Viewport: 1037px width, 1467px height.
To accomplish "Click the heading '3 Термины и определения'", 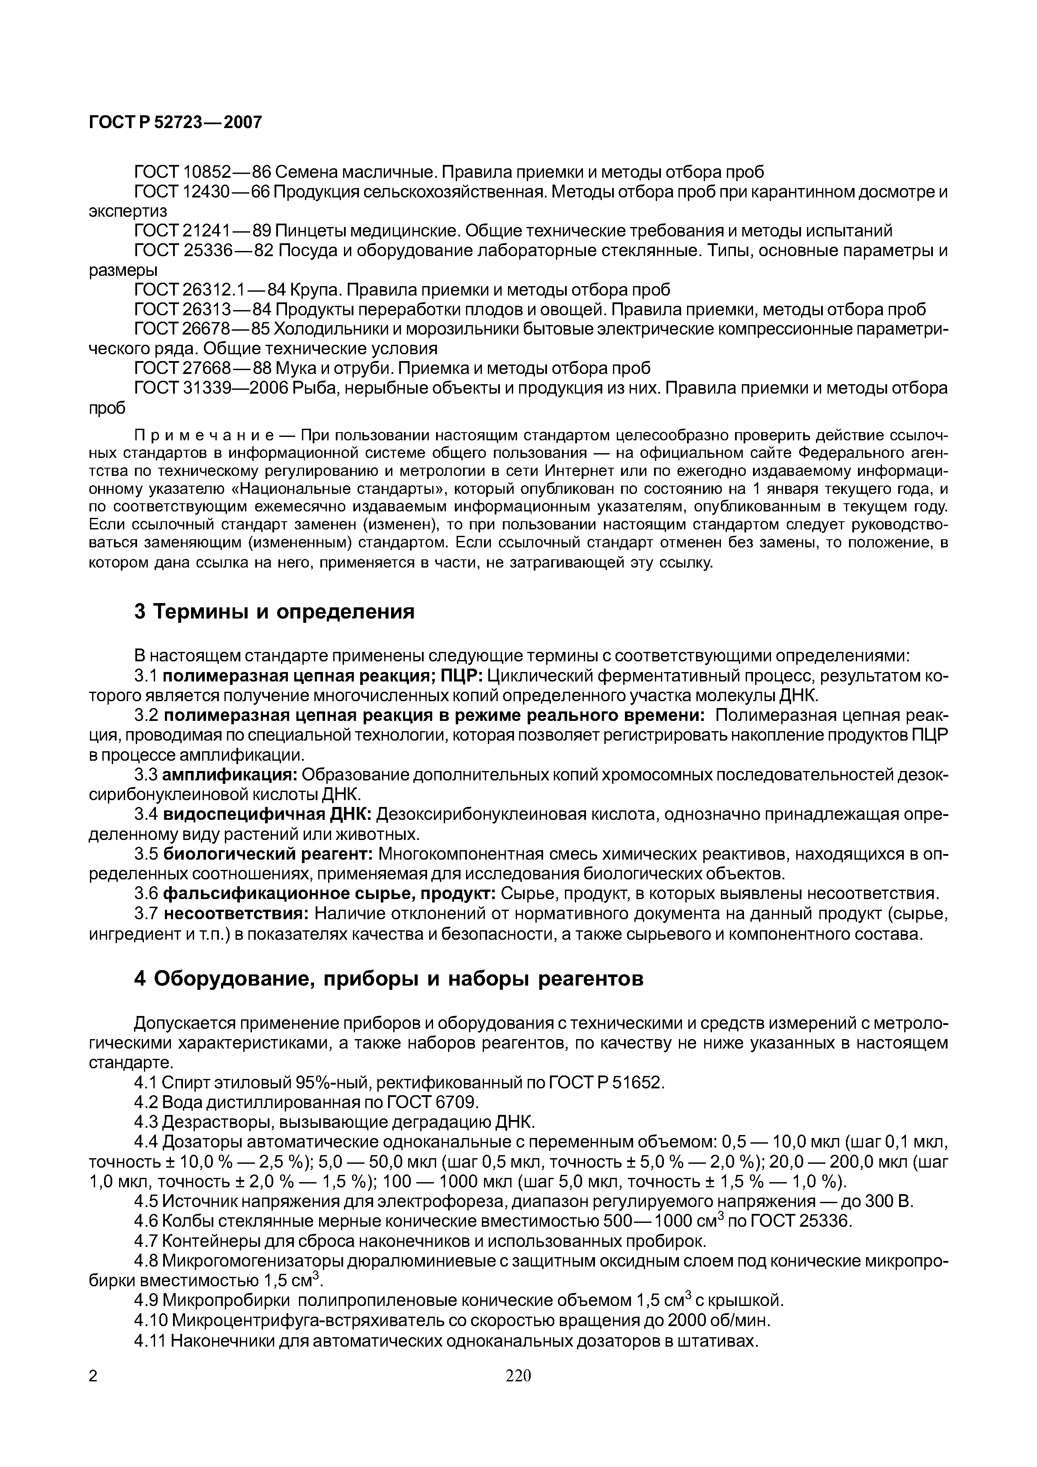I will [274, 612].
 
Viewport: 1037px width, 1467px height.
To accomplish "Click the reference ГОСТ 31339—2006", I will [211, 388].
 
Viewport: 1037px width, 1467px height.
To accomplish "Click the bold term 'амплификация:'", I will [230, 775].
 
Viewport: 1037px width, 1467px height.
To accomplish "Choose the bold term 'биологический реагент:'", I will [269, 854].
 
